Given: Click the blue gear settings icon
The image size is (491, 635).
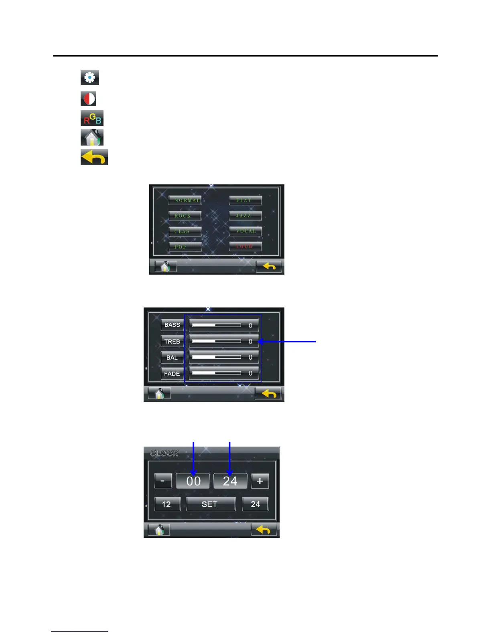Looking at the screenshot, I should (x=90, y=77).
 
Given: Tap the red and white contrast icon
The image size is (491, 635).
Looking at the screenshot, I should (x=89, y=99).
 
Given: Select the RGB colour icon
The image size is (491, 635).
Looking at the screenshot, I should (x=92, y=118).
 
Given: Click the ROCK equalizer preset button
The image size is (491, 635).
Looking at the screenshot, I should (x=185, y=216).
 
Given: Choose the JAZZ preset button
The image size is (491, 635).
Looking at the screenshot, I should (x=245, y=216).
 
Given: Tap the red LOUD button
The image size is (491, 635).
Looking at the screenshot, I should (x=245, y=246).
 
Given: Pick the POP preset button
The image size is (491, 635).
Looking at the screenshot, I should (x=185, y=247).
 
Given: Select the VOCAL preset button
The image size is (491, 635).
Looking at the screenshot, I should (x=245, y=231).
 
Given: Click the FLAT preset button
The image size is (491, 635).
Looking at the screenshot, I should (x=245, y=200).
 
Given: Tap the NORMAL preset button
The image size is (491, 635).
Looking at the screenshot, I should (x=185, y=200).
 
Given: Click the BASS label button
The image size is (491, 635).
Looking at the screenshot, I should (x=172, y=325).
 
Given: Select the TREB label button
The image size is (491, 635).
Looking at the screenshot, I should (x=172, y=342).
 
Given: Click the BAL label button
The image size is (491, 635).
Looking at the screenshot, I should (x=172, y=358).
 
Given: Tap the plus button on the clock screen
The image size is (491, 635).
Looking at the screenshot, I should (x=260, y=481).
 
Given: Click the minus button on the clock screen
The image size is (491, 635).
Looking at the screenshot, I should (x=163, y=481).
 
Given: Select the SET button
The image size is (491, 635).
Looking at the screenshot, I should (x=210, y=504).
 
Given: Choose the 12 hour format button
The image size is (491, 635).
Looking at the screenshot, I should (x=167, y=504).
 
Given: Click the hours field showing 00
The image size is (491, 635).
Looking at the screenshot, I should (x=193, y=481).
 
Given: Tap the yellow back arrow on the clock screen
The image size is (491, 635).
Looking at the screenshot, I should (x=264, y=530).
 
